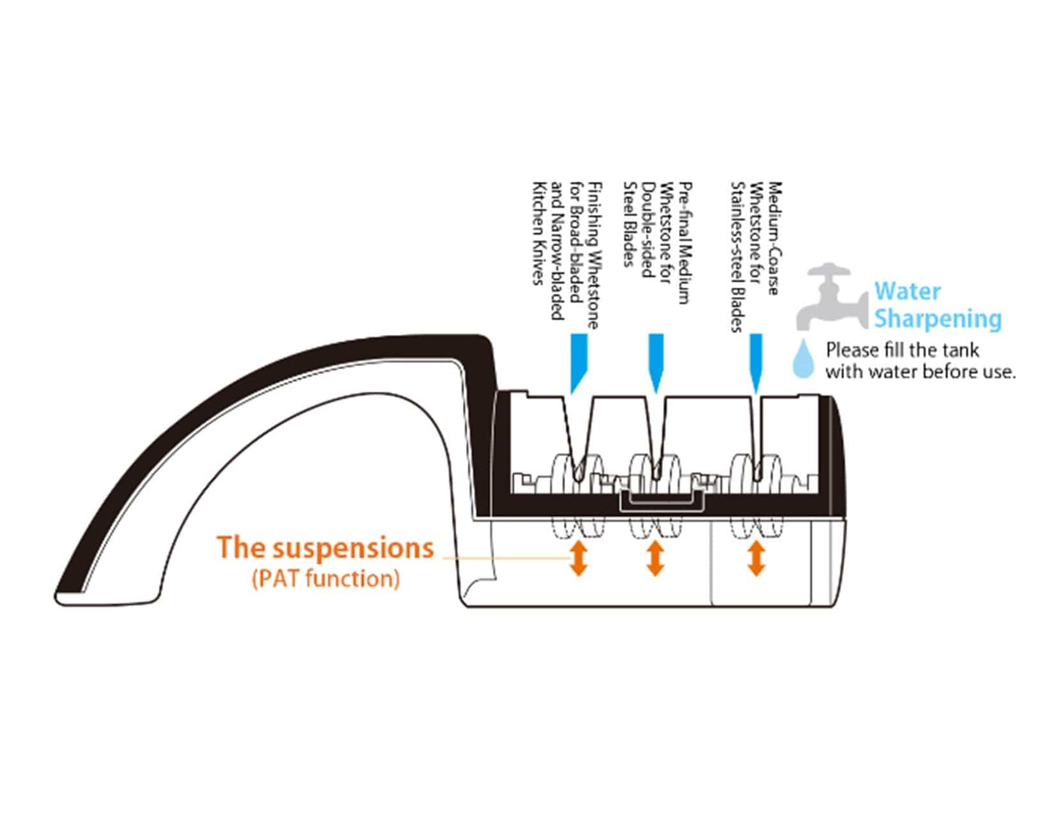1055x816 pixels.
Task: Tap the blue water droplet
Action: [x=803, y=359]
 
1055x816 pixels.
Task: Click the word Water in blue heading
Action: [x=907, y=291]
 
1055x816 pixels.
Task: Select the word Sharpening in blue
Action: [x=937, y=318]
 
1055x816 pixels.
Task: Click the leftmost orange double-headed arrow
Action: [x=579, y=558]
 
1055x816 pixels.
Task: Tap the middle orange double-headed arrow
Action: [x=655, y=558]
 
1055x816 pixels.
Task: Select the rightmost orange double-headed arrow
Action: [x=756, y=558]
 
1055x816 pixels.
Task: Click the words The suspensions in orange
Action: [x=326, y=548]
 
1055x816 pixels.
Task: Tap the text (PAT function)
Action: [x=326, y=579]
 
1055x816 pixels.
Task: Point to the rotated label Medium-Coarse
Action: [x=773, y=238]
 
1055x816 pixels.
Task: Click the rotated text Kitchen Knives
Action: [x=538, y=234]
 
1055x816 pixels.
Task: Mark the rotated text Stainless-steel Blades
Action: [x=737, y=256]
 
